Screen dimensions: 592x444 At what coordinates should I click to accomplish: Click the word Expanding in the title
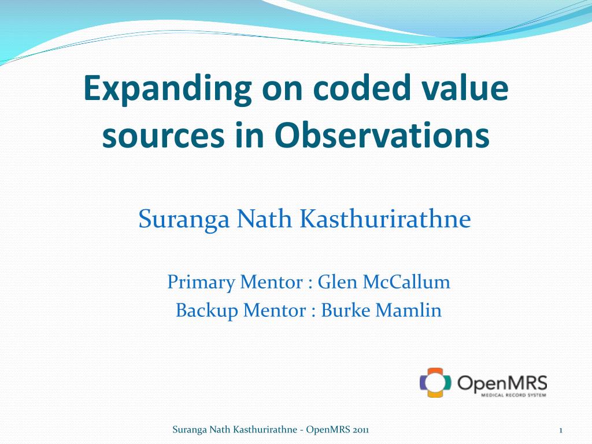pyautogui.click(x=167, y=89)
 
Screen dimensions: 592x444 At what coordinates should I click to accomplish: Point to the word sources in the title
pyautogui.click(x=164, y=136)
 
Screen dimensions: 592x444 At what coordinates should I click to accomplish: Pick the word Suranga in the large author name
pyautogui.click(x=184, y=219)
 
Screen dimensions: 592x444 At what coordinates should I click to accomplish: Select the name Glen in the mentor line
pyautogui.click(x=337, y=282)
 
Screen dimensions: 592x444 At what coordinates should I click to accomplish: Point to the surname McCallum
pyautogui.click(x=406, y=282)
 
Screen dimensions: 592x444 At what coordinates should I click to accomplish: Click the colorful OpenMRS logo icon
pyautogui.click(x=435, y=382)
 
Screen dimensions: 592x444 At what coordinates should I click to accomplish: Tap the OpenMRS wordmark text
pyautogui.click(x=502, y=383)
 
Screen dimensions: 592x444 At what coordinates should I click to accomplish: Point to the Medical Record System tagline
pyautogui.click(x=513, y=395)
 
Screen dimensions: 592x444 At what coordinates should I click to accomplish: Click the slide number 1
pyautogui.click(x=561, y=430)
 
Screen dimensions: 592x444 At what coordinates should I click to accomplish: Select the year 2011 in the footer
pyautogui.click(x=361, y=430)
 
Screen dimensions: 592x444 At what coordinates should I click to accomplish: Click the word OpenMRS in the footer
pyautogui.click(x=328, y=430)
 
